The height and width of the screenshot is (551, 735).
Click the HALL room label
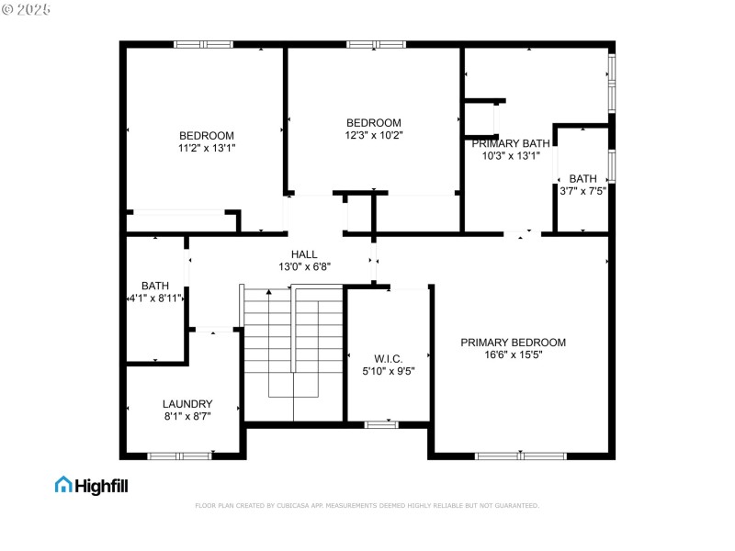tap(304, 254)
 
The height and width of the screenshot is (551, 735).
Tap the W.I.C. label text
tap(389, 358)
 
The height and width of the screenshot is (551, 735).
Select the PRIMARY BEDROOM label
tap(513, 343)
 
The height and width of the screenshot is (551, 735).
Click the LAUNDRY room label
tap(187, 404)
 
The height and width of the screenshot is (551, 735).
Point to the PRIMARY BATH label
tap(510, 143)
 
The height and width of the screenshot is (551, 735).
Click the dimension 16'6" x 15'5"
tap(513, 354)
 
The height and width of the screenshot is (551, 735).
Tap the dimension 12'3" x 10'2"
tap(373, 135)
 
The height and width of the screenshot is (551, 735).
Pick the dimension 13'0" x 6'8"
tap(304, 266)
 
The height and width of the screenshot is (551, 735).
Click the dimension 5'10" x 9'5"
tap(389, 371)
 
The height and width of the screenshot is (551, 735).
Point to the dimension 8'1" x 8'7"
tap(187, 416)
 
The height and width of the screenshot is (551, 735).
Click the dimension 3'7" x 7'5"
tap(582, 191)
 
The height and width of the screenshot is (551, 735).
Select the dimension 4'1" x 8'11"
tap(155, 298)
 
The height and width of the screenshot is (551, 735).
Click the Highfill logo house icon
tap(63, 484)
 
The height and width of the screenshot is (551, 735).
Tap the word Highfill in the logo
tap(101, 485)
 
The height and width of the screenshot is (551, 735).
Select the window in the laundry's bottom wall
tap(179, 455)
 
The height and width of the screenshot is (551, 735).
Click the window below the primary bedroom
tap(521, 455)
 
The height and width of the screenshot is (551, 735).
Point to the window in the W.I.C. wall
tap(381, 424)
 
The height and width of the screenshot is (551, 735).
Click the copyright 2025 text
tap(27, 9)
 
